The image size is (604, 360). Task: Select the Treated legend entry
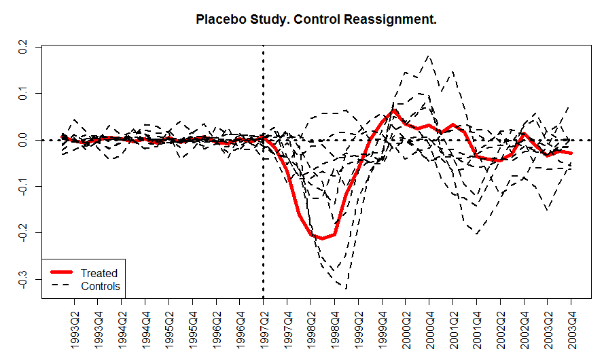99,273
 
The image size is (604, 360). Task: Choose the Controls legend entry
101,286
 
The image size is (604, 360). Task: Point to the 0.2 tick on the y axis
22,46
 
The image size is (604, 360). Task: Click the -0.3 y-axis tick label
22,280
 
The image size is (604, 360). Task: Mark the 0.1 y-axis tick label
22,93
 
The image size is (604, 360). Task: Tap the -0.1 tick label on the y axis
22,186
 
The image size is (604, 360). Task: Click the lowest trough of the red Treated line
321,238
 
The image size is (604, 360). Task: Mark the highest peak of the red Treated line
394,110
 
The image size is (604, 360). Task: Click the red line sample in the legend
60,273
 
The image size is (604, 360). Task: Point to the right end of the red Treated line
571,154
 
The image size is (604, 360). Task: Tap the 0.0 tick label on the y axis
22,140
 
